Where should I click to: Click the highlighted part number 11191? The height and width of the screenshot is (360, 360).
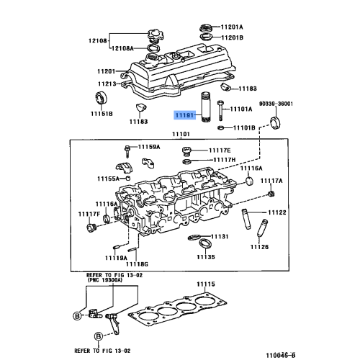click(x=183, y=114)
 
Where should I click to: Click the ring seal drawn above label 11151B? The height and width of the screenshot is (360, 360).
click(x=101, y=99)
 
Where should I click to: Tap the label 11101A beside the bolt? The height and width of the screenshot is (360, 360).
click(x=240, y=109)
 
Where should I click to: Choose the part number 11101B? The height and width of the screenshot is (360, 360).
click(x=241, y=127)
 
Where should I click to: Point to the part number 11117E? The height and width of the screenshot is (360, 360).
click(x=222, y=150)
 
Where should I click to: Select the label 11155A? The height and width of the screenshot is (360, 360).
click(x=109, y=179)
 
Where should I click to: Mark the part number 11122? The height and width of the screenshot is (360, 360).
click(x=277, y=212)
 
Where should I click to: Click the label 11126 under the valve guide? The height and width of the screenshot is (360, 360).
click(x=259, y=247)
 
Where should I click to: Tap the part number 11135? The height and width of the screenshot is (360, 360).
click(x=207, y=256)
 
